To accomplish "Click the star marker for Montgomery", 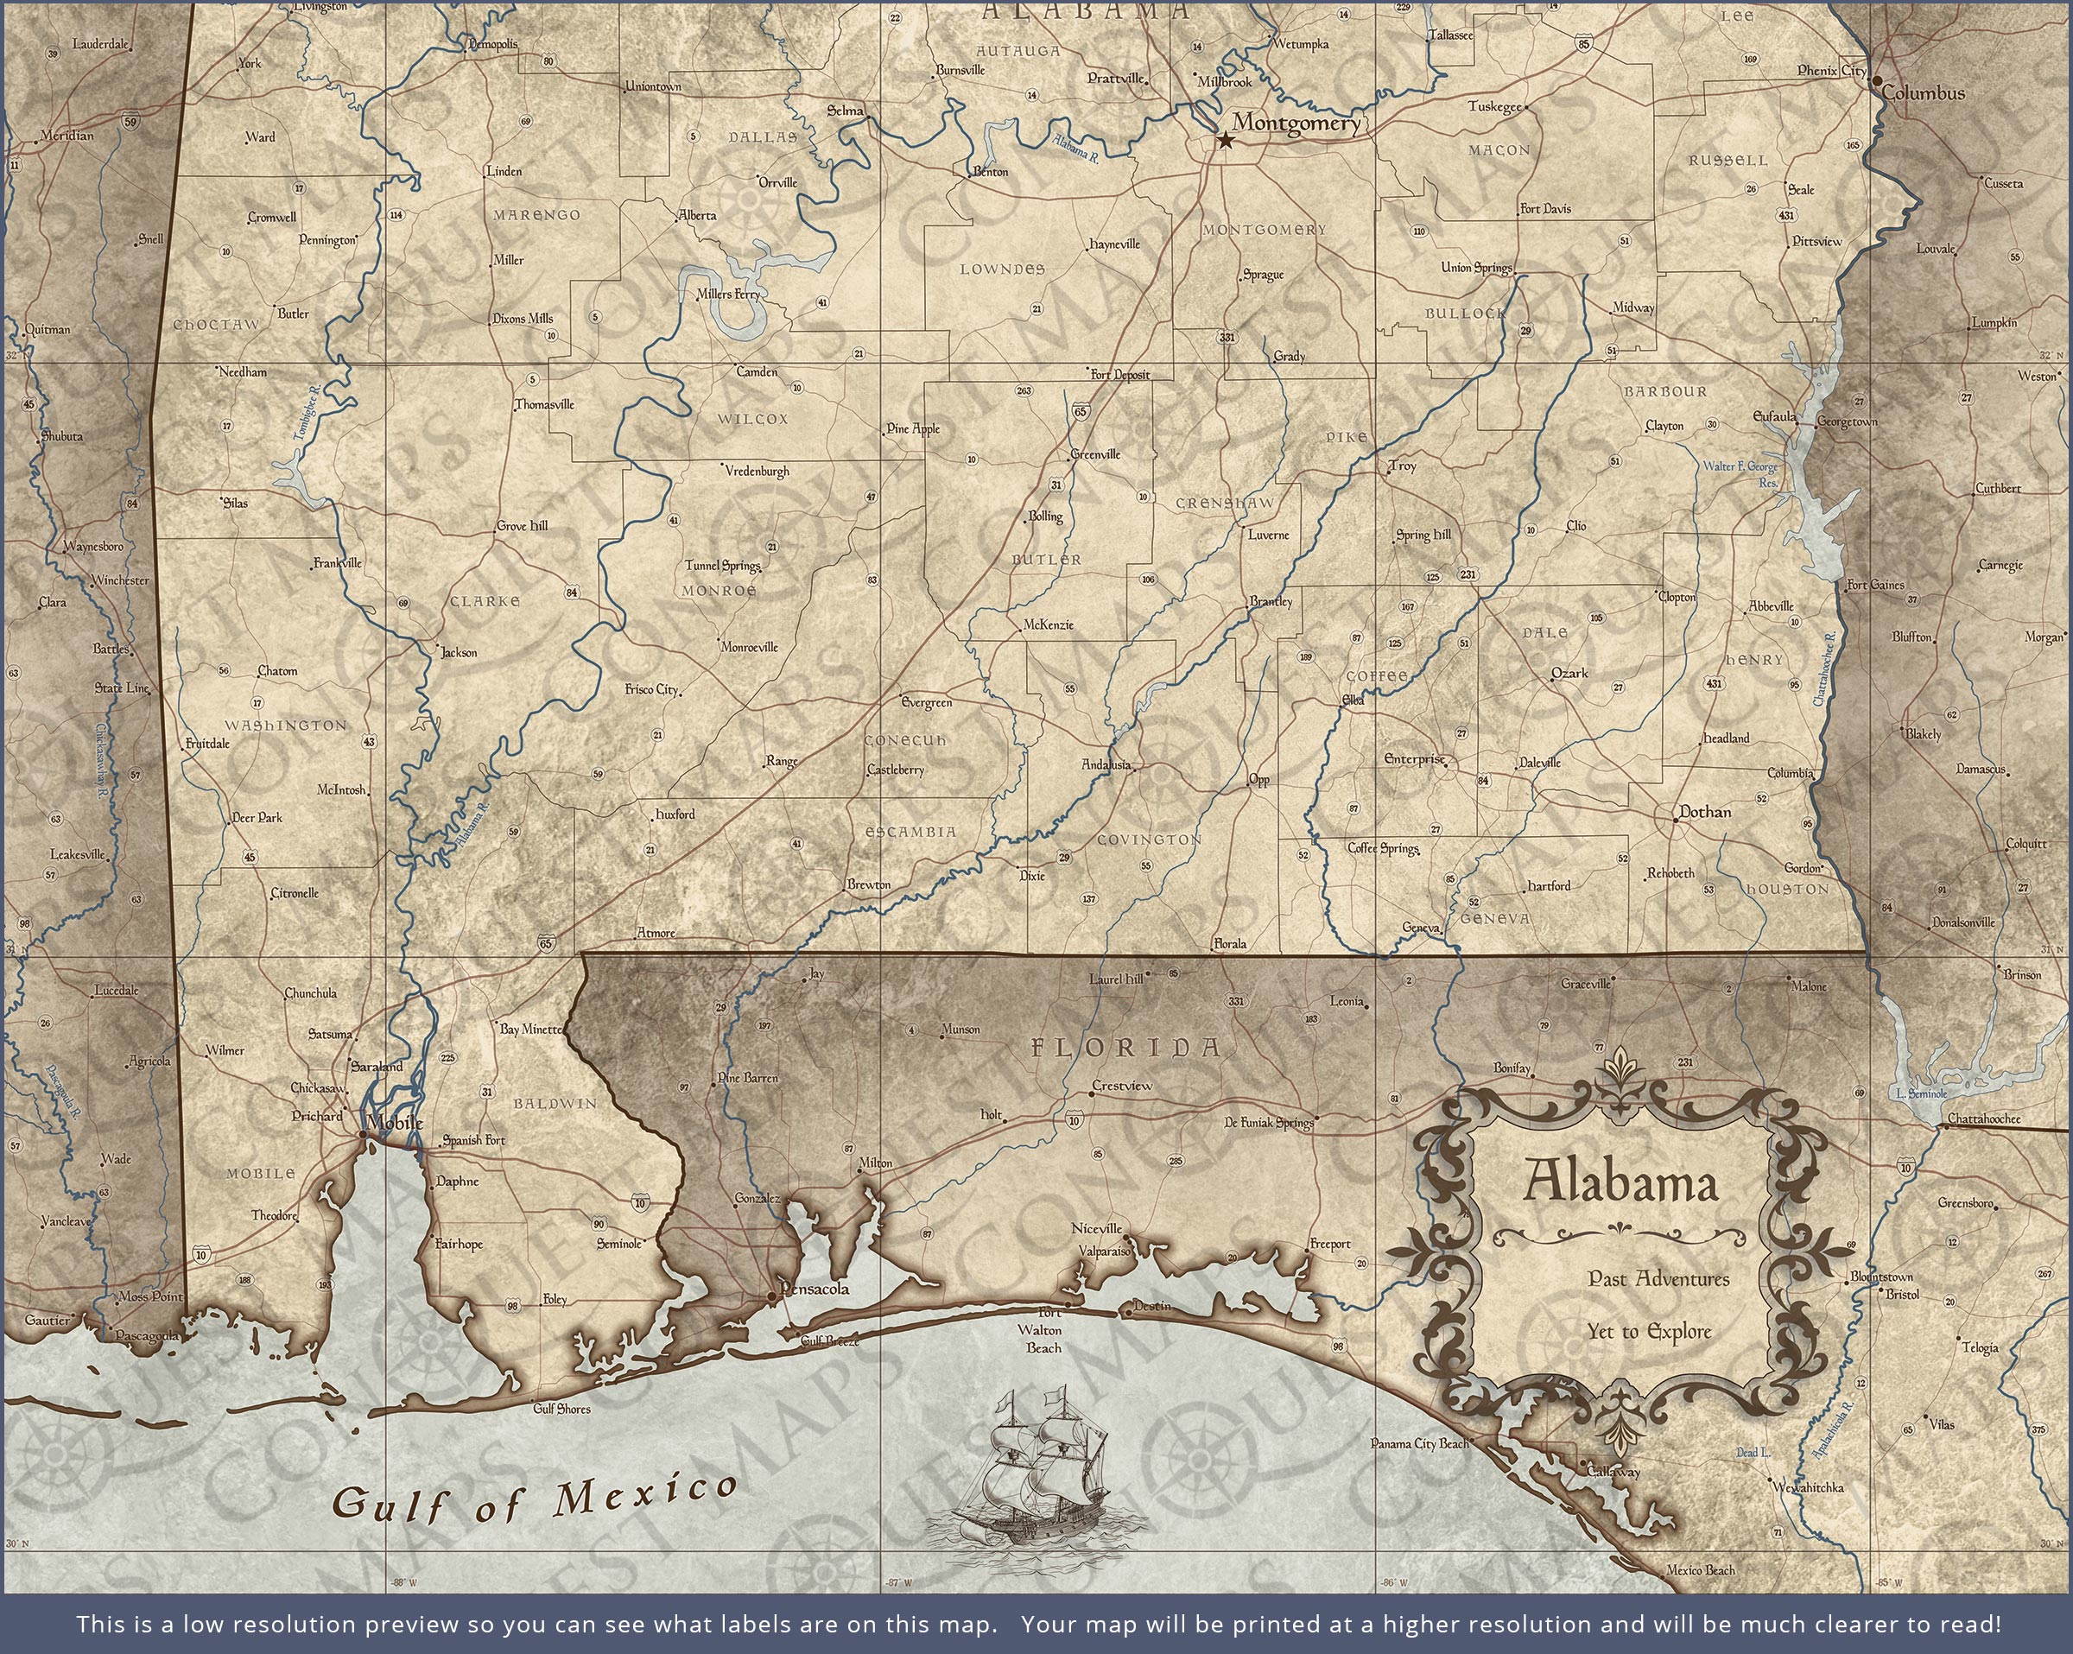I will [1225, 142].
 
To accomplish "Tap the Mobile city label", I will [394, 1122].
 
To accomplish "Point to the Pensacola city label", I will [815, 1288].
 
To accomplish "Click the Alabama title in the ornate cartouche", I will [1620, 1182].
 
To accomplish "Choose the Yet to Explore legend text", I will [1649, 1332].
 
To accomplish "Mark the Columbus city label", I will [1923, 93].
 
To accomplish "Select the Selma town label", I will [845, 111].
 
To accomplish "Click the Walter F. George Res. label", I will [1741, 473].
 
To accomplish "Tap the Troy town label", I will [1403, 466].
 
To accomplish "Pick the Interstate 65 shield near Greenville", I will [1081, 410].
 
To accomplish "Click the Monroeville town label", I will [749, 647].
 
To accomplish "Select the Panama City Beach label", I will [1419, 1443].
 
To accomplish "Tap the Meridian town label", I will [67, 136].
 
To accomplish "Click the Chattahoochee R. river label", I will [1824, 669].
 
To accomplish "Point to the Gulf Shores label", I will [561, 1409].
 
